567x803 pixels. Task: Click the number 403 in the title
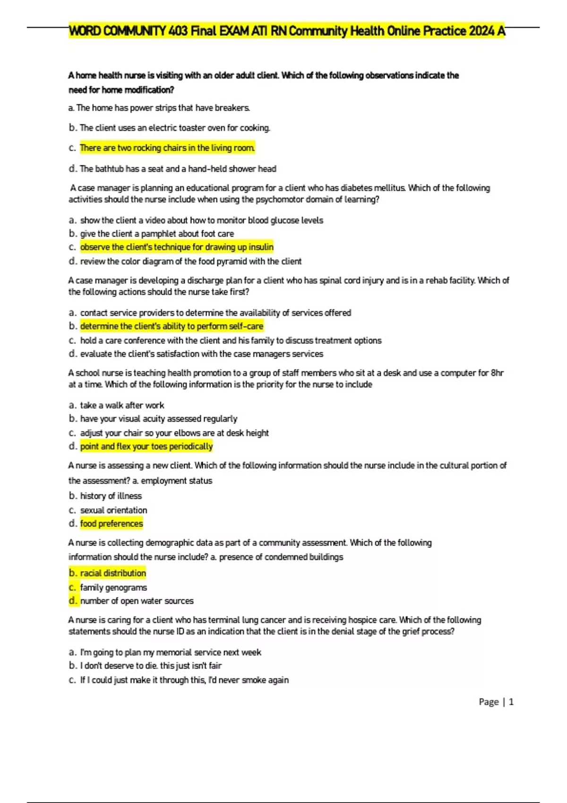[178, 31]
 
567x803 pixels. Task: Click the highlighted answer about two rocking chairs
[167, 148]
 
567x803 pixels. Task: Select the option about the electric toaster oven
[175, 128]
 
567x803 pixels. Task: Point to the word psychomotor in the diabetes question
[279, 199]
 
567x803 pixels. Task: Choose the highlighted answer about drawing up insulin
[177, 247]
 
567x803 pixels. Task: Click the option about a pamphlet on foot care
[157, 234]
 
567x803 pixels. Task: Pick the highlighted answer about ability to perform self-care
[172, 326]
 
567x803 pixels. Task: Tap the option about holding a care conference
[231, 341]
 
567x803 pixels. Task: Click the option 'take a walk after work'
[122, 405]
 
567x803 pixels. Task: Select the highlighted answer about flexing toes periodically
[146, 446]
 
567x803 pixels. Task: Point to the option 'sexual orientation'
[113, 510]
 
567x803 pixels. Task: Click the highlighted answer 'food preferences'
[112, 523]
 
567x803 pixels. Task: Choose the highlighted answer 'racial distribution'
[113, 573]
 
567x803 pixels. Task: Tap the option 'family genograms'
[113, 588]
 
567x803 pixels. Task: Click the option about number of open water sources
[137, 601]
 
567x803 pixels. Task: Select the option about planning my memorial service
[171, 652]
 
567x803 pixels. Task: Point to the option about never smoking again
[184, 680]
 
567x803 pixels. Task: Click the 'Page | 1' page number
[496, 702]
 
